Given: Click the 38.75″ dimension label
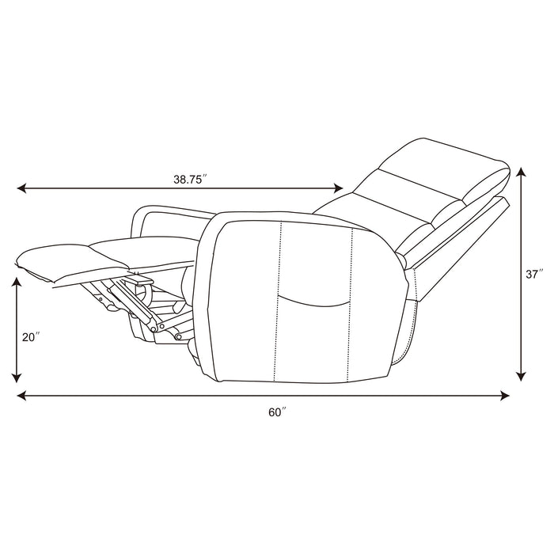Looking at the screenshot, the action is pos(190,180).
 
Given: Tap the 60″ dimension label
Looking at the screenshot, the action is pos(277,412).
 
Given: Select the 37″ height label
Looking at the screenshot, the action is pos(534,274).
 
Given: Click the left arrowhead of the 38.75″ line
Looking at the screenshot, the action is pos(21,188).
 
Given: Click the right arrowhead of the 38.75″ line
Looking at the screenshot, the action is pos(339,188).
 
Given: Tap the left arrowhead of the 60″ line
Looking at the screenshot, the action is pos(21,396).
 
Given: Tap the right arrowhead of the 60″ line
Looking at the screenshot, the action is pos(505,396).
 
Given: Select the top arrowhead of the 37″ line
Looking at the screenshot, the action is pos(522,173).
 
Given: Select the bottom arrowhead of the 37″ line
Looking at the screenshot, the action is pos(522,377).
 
